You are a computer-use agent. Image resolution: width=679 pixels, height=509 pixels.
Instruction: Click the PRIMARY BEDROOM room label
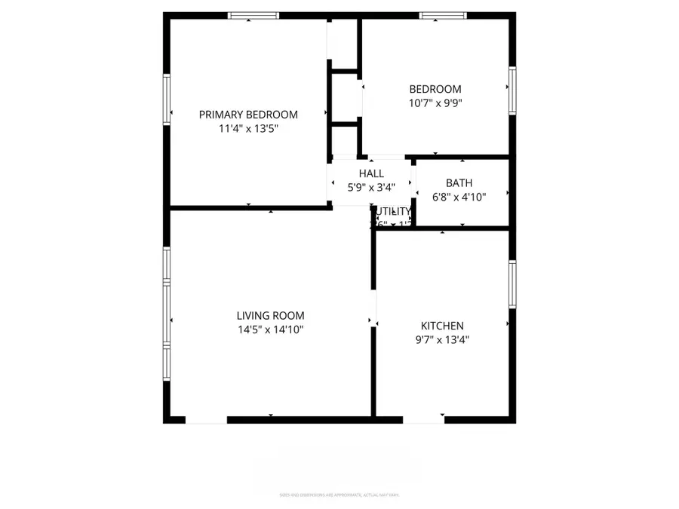(x=248, y=115)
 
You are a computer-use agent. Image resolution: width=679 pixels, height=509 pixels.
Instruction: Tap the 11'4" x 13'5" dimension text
(x=248, y=128)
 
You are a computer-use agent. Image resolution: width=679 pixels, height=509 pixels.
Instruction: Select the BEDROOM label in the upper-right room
(x=435, y=89)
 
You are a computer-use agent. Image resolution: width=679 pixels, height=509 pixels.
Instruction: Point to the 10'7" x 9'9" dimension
(x=435, y=103)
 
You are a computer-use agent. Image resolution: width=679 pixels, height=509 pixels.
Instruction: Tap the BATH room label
(x=459, y=182)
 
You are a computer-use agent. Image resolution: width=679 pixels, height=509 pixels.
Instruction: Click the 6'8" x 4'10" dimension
(x=459, y=197)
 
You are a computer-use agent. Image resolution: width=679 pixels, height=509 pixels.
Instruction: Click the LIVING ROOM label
(x=271, y=315)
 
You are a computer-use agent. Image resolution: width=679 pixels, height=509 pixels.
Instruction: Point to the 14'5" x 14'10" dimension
(x=271, y=330)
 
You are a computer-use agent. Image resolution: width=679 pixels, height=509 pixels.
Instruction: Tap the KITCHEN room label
(x=442, y=326)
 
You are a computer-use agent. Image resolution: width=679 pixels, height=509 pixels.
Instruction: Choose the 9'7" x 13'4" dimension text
(x=442, y=339)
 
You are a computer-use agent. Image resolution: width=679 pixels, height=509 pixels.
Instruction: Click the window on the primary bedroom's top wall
(x=253, y=16)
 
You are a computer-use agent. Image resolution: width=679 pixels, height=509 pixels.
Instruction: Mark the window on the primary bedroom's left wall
(x=167, y=98)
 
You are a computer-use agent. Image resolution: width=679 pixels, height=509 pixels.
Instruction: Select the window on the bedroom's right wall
(x=512, y=90)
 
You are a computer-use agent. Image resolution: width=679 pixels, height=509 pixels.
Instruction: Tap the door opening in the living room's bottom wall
(x=206, y=419)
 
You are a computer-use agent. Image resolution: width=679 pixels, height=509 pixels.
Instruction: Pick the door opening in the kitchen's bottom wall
(x=423, y=419)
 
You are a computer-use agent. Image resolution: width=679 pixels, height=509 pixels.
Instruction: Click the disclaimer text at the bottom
(x=339, y=495)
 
